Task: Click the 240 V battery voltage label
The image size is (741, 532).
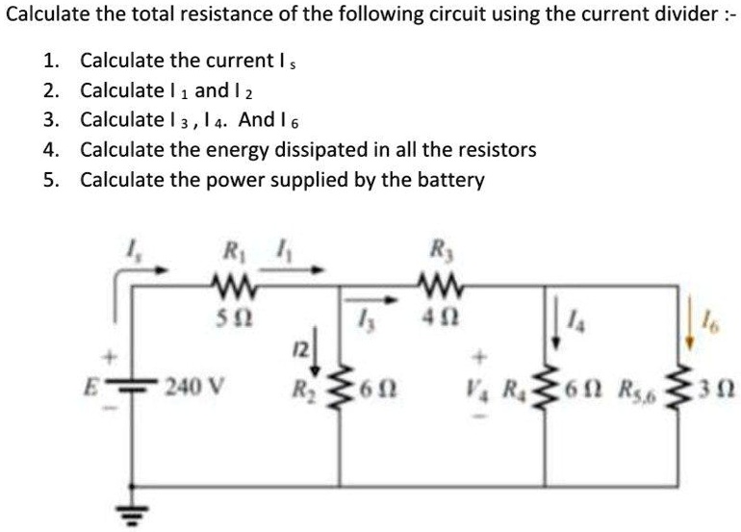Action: point(196,391)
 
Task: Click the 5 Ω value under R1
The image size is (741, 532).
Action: point(230,314)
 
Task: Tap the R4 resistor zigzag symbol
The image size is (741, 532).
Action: point(547,392)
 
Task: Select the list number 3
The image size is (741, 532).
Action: point(50,120)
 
